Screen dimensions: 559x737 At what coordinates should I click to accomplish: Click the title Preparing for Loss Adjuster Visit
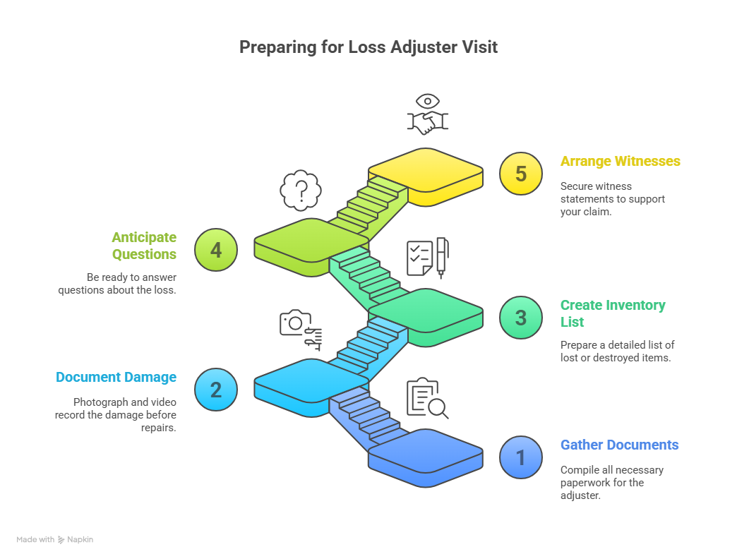pos(368,47)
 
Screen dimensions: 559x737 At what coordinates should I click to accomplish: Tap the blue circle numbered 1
pos(520,457)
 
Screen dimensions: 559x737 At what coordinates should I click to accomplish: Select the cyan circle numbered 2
pos(216,390)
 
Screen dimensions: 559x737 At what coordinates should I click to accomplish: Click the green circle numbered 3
pos(520,318)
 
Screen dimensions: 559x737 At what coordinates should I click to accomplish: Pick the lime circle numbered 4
pos(216,250)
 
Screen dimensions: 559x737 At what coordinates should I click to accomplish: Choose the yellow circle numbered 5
pos(520,174)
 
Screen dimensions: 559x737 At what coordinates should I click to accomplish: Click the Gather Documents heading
pos(619,445)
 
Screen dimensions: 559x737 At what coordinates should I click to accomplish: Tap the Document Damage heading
pos(116,378)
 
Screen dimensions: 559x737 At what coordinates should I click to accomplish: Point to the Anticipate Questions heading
pos(144,246)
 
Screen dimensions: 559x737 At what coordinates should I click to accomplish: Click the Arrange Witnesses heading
pos(620,162)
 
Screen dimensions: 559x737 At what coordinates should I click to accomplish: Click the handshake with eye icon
pos(427,115)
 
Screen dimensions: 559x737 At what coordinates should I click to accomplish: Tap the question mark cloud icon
pos(301,190)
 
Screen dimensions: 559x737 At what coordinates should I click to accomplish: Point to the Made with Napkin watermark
pos(55,540)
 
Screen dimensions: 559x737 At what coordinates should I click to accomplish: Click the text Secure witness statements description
pos(612,198)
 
